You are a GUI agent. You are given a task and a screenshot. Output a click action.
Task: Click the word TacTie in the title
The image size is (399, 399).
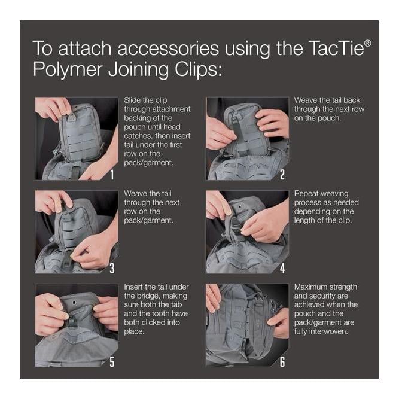tap(336, 48)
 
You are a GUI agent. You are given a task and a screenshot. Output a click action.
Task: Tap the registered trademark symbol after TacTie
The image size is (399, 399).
tap(368, 43)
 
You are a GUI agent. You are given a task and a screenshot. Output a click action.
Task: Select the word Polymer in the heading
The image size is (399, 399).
tap(68, 70)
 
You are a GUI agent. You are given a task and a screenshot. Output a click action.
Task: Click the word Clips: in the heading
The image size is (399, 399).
tap(198, 70)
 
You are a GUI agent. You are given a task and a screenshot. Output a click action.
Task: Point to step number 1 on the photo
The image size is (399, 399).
tap(112, 175)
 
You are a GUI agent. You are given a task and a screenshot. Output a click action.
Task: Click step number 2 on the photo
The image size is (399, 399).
tap(282, 175)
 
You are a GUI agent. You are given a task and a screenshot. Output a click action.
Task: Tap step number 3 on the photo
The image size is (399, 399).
tap(112, 268)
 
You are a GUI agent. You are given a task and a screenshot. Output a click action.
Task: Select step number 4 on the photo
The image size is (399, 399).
tap(282, 268)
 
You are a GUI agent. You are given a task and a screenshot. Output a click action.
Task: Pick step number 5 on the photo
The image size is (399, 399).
tap(112, 361)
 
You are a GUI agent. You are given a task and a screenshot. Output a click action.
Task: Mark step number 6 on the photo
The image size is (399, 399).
tap(282, 361)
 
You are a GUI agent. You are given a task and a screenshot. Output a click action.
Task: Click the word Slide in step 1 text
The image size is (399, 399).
tap(132, 100)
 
